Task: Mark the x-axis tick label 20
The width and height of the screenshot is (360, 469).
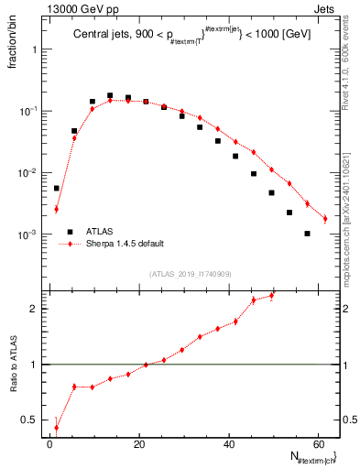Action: point(139,444)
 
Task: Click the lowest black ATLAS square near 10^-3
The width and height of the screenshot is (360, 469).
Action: point(307,234)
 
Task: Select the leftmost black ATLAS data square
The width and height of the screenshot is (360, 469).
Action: point(56,188)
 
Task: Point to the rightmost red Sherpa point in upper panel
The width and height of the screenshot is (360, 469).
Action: point(325,219)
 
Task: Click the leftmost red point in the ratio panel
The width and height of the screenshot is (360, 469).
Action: point(56,428)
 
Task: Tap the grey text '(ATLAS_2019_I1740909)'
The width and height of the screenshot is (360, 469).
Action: point(191,274)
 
